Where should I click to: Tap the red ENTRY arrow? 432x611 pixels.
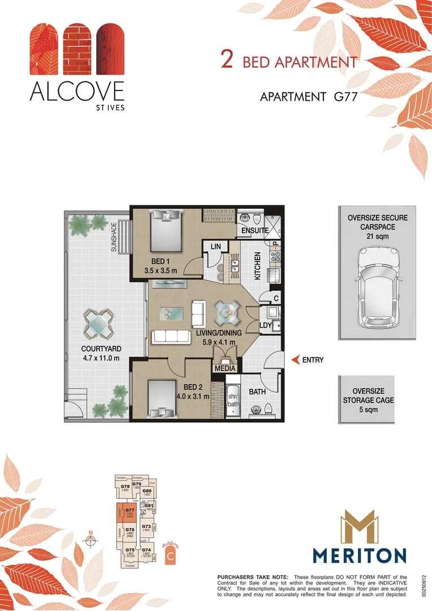[294, 359]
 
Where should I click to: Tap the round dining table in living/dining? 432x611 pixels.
[227, 312]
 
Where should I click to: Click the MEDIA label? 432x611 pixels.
[224, 368]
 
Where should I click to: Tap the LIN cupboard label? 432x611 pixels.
[215, 247]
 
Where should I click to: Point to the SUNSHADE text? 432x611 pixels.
[114, 237]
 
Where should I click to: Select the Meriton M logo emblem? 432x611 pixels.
[360, 526]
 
